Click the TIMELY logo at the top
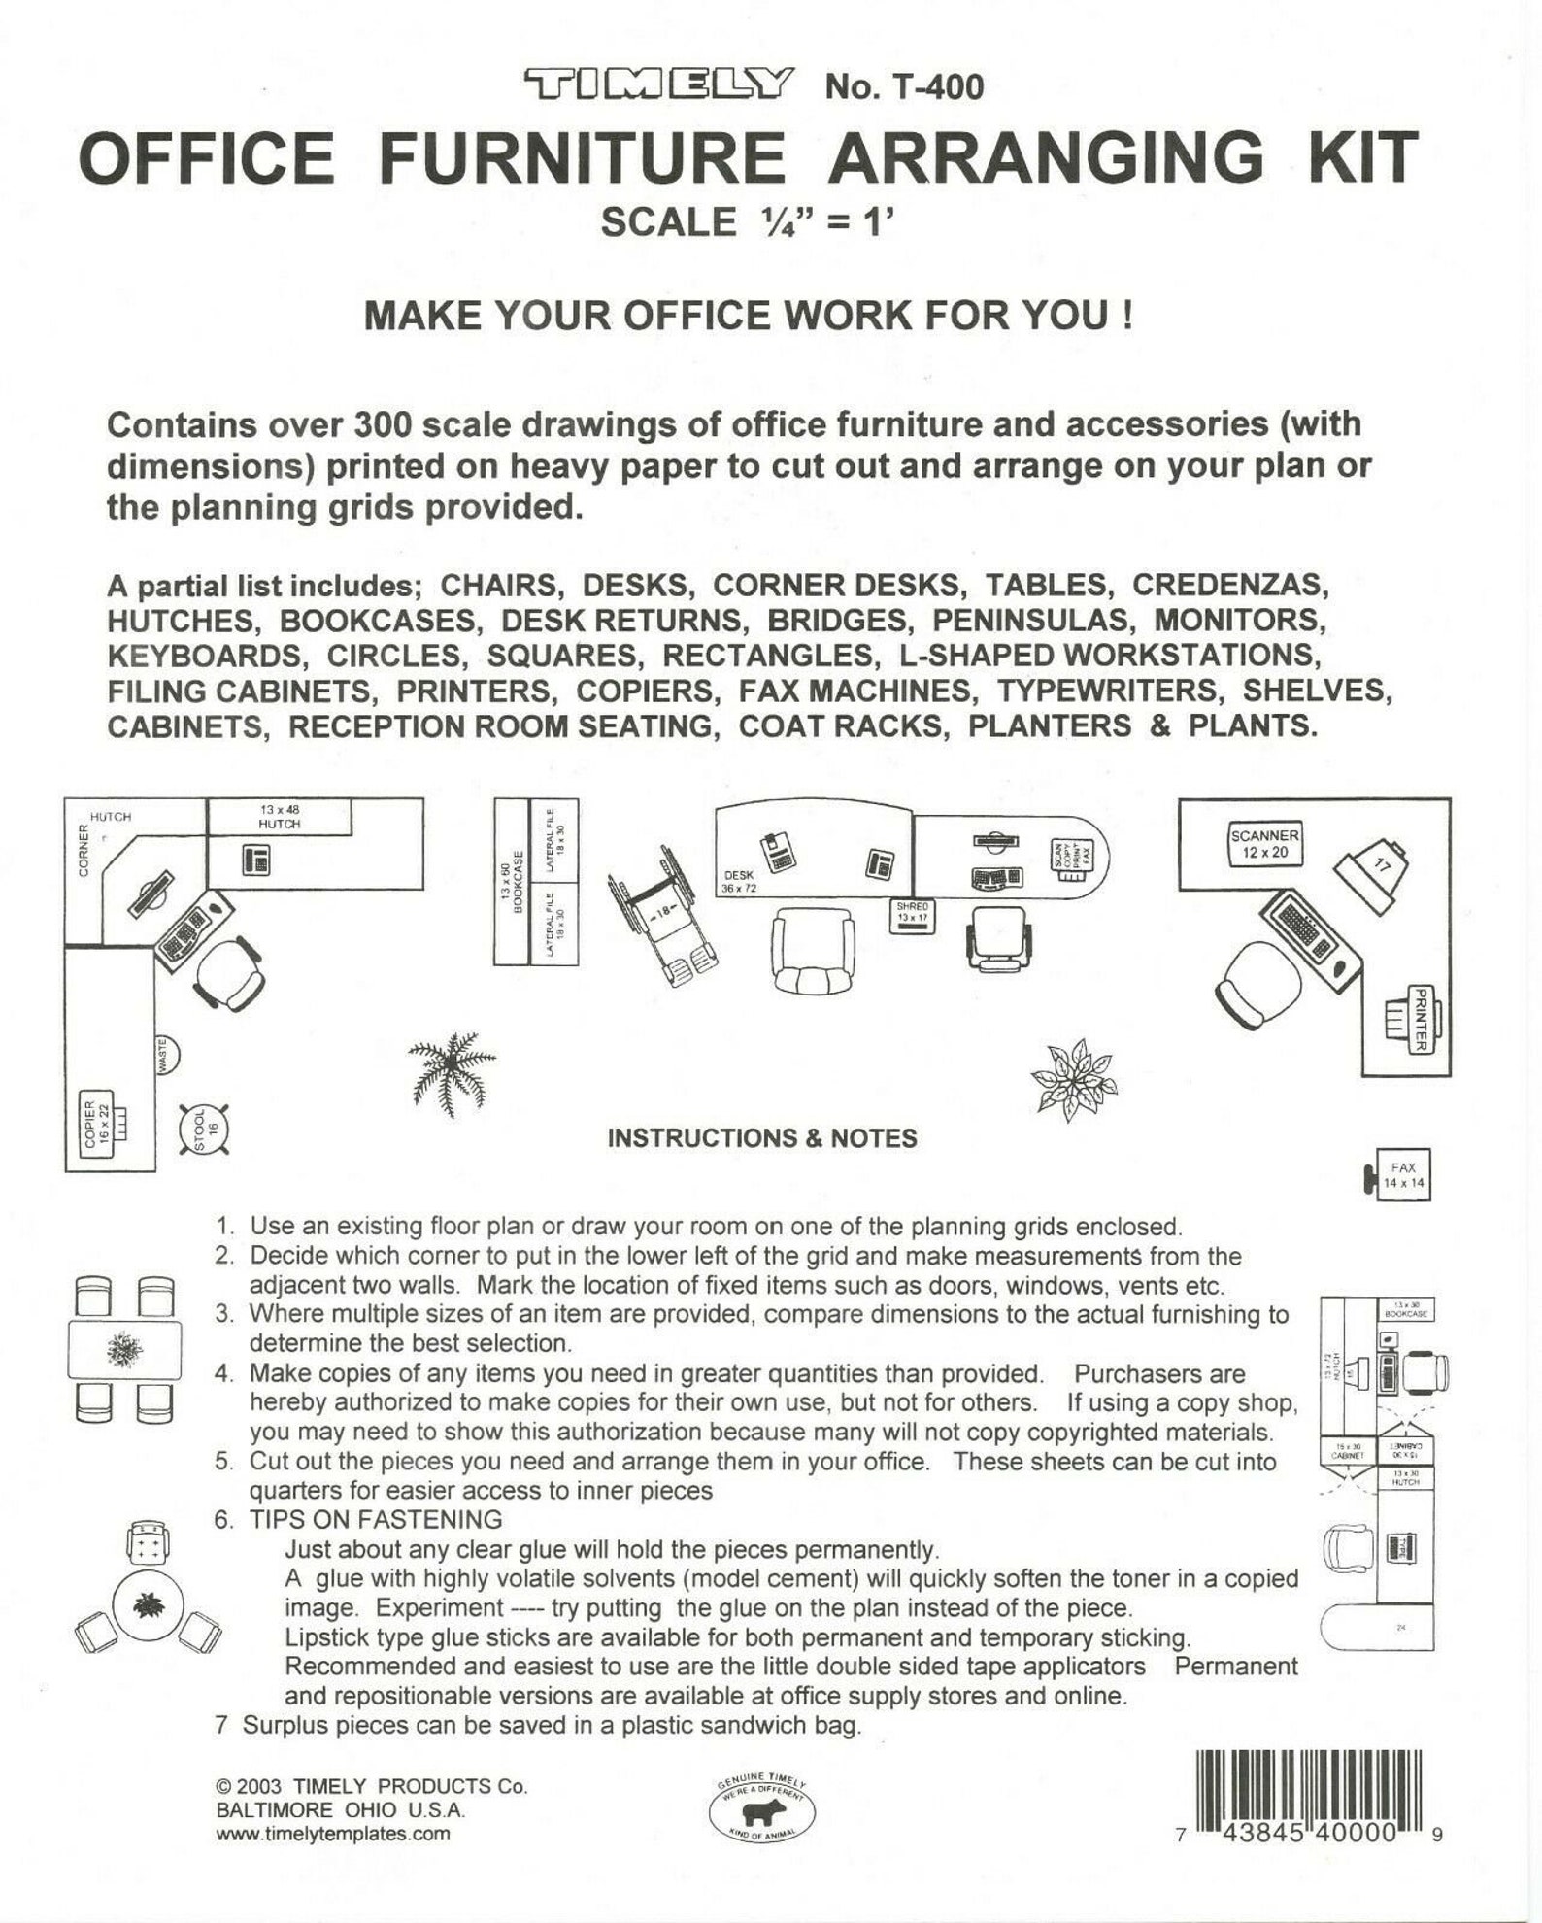click(659, 85)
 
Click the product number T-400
click(904, 87)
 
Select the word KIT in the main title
click(1363, 158)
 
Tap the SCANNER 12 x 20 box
click(1264, 844)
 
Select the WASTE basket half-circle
click(167, 1055)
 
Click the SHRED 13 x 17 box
click(913, 915)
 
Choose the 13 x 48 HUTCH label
click(280, 817)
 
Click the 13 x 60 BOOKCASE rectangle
click(512, 881)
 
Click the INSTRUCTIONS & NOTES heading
click(761, 1138)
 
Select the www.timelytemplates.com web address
click(333, 1835)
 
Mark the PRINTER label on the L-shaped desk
click(1419, 1019)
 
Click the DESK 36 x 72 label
click(739, 882)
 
